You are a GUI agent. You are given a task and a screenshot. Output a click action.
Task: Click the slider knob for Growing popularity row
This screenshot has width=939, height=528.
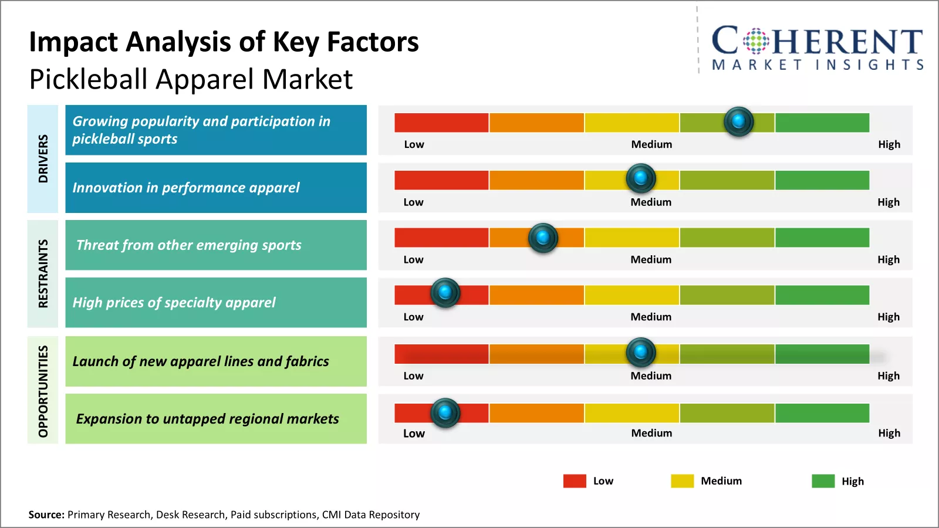(x=738, y=121)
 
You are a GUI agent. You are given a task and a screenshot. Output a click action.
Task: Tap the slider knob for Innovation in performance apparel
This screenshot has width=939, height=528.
(x=641, y=178)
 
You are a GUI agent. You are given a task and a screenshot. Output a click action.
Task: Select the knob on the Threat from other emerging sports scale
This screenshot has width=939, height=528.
(x=543, y=238)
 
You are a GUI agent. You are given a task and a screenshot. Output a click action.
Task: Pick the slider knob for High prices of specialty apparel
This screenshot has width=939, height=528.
(x=445, y=292)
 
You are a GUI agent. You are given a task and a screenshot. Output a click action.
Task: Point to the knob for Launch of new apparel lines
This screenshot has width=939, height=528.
(x=641, y=352)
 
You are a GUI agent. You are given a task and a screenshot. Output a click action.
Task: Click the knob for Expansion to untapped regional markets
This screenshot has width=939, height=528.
(x=445, y=413)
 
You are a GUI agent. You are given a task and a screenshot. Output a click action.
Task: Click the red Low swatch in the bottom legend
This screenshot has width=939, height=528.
(x=575, y=481)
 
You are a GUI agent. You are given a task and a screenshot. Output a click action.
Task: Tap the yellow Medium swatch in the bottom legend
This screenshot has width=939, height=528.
(x=682, y=481)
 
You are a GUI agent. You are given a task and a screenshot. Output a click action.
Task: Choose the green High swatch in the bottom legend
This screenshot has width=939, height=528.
(x=823, y=481)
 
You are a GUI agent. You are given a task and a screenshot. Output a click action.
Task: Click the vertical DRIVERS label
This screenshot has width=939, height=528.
(x=43, y=158)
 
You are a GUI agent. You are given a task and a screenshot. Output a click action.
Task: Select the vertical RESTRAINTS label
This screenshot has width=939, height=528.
(x=43, y=273)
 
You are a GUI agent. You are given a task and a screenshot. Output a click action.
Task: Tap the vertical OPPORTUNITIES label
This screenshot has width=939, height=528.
(x=43, y=391)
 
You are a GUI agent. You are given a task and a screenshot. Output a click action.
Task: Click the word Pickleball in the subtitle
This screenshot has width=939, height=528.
(x=89, y=79)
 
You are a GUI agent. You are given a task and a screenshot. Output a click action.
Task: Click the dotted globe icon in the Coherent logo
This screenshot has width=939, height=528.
(x=756, y=41)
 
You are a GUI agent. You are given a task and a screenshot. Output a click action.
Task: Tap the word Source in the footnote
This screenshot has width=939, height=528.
(x=46, y=515)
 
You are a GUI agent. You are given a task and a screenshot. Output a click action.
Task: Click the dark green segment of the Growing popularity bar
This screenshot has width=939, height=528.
(x=822, y=123)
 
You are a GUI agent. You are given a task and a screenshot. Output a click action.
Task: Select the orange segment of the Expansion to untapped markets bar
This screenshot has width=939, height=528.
(x=536, y=413)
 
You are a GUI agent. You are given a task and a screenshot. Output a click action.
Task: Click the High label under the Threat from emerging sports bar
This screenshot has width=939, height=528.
(x=889, y=259)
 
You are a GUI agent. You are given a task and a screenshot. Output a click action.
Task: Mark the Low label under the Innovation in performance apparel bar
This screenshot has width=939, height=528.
(x=413, y=202)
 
